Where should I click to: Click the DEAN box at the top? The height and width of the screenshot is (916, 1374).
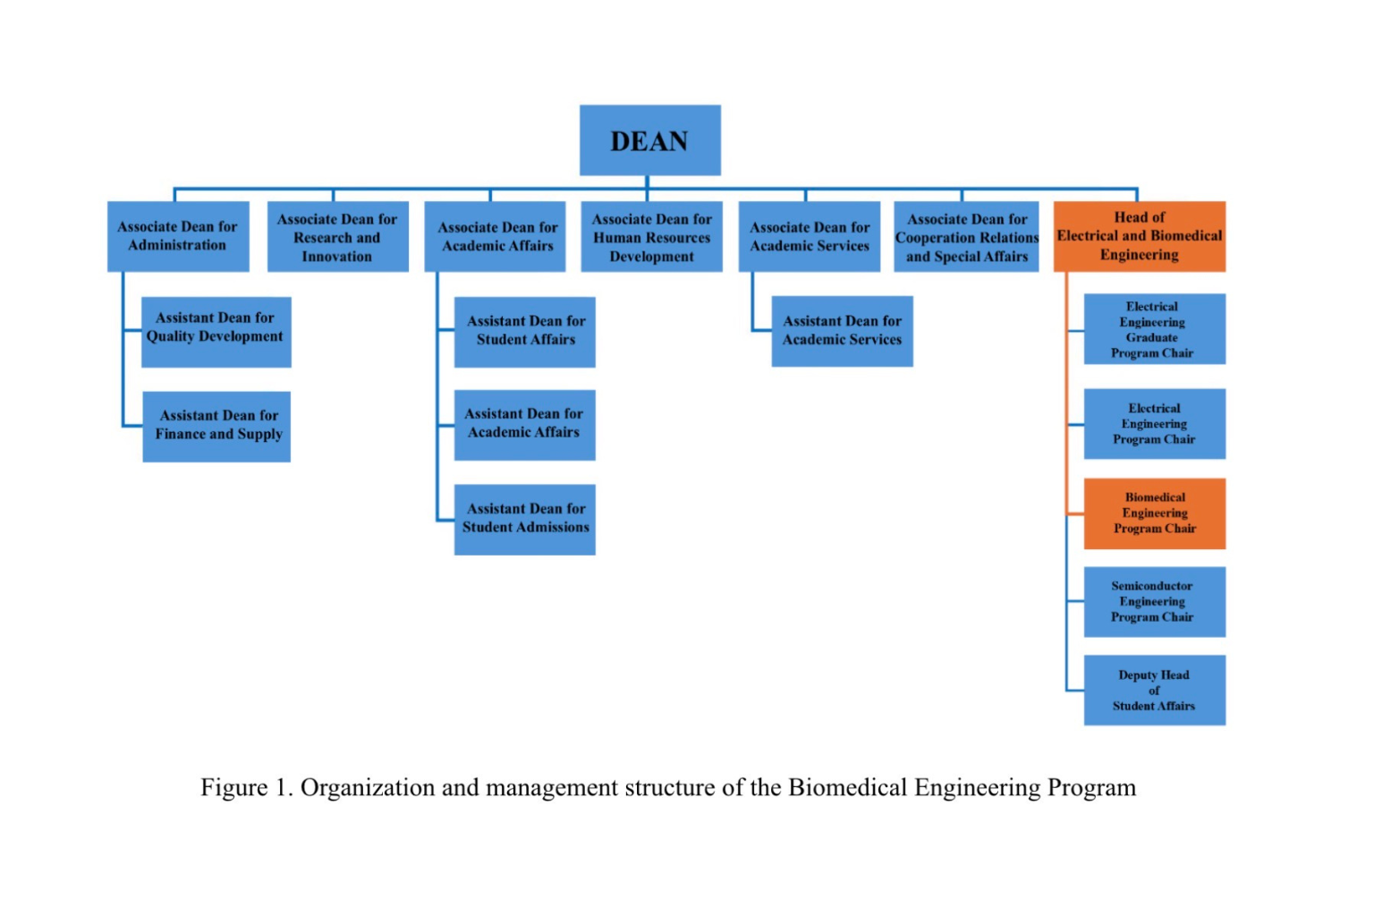tap(650, 140)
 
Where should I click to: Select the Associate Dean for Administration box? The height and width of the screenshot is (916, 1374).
tap(178, 236)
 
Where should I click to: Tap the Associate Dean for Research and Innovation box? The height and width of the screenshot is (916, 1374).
tap(338, 236)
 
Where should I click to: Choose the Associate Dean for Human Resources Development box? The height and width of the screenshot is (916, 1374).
tap(651, 236)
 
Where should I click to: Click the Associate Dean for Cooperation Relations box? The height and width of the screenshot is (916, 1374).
tap(966, 236)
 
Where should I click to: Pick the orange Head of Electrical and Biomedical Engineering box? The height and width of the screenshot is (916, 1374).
tap(1140, 236)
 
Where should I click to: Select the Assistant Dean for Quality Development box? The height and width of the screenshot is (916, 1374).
tap(216, 332)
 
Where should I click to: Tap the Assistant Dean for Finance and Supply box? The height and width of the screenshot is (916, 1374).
tap(216, 427)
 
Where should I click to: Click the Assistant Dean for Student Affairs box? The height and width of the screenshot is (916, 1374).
tap(524, 332)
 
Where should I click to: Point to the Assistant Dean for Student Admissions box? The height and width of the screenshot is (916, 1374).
tap(524, 520)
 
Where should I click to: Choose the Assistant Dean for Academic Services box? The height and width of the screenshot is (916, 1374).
tap(842, 331)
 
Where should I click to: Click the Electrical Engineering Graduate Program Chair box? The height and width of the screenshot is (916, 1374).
tap(1155, 329)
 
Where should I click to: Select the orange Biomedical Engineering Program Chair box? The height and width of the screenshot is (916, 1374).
tap(1155, 513)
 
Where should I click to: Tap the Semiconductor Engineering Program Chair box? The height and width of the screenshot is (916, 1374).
tap(1155, 602)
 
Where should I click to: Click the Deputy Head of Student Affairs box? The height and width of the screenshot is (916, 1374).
tap(1155, 691)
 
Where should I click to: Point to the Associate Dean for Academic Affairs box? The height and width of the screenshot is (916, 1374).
tap(495, 236)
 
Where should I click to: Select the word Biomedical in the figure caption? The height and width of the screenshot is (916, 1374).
tap(847, 787)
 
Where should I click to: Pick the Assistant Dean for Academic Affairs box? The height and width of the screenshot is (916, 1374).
tap(524, 425)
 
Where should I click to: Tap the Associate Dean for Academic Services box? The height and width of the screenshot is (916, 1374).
tap(809, 236)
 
